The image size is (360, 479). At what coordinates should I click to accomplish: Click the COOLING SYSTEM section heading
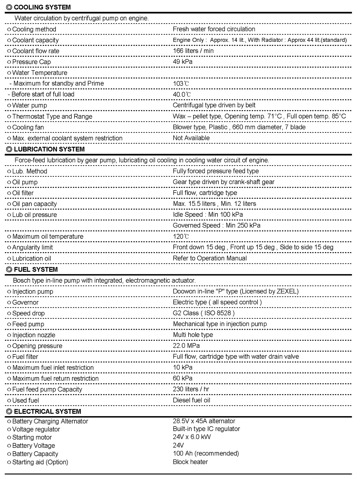pyautogui.click(x=42, y=7)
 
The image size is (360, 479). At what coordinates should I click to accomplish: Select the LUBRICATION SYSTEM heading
pyautogui.click(x=49, y=149)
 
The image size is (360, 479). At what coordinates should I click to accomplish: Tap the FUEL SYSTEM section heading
pyautogui.click(x=36, y=270)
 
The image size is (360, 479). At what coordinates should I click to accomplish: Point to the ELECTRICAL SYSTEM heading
pyautogui.click(x=47, y=412)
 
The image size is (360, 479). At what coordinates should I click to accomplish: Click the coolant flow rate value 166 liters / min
pyautogui.click(x=193, y=51)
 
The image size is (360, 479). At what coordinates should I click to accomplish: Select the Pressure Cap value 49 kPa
pyautogui.click(x=182, y=62)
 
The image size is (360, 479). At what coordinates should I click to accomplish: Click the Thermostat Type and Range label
pyautogui.click(x=52, y=117)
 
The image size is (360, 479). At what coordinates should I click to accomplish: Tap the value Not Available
pyautogui.click(x=191, y=138)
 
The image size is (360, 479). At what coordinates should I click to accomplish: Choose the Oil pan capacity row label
pyautogui.click(x=34, y=204)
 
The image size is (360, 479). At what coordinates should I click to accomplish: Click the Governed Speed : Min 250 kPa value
pyautogui.click(x=216, y=226)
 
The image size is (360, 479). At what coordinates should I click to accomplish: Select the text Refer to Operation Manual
pyautogui.click(x=210, y=258)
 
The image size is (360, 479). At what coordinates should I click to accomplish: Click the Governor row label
pyautogui.click(x=25, y=303)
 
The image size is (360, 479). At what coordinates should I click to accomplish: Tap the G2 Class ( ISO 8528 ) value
pyautogui.click(x=203, y=313)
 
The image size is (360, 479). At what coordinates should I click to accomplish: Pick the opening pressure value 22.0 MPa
pyautogui.click(x=186, y=346)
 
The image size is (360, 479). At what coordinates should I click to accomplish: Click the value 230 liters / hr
pyautogui.click(x=191, y=389)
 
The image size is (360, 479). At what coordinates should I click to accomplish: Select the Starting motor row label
pyautogui.click(x=32, y=437)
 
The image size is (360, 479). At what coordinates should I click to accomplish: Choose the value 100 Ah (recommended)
pyautogui.click(x=206, y=454)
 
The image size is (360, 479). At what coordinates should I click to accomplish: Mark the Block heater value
pyautogui.click(x=190, y=462)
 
